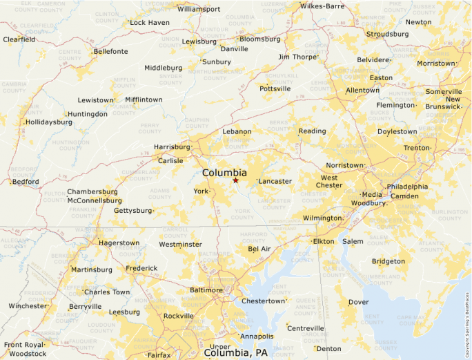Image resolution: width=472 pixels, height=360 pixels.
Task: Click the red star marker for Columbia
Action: (x=235, y=180)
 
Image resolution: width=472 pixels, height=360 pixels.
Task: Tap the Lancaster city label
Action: (x=275, y=181)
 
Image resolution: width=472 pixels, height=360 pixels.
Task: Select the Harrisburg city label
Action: (x=171, y=147)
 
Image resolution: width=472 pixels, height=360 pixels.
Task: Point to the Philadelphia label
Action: (x=407, y=187)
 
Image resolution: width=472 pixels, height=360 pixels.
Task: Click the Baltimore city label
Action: (x=206, y=290)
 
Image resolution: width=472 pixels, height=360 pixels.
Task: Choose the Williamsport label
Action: (x=199, y=9)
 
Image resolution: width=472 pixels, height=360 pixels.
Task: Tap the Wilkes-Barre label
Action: (x=322, y=6)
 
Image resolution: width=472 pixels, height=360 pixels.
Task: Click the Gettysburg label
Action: (x=132, y=210)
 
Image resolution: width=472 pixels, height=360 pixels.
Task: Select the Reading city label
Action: (x=312, y=131)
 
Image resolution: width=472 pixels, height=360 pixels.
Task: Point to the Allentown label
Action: (x=362, y=91)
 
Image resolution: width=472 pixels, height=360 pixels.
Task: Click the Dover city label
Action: (x=358, y=302)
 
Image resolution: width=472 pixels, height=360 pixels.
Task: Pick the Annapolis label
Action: (x=257, y=337)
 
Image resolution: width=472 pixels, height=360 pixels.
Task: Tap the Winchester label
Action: (x=28, y=305)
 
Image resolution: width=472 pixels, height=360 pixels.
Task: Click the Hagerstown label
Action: (x=119, y=243)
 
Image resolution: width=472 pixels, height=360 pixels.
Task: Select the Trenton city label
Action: (x=417, y=148)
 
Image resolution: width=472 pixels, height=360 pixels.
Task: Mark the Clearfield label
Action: (x=19, y=39)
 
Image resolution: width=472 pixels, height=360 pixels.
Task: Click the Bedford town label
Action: (x=25, y=182)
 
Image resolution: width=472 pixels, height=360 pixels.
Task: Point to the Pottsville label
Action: (x=275, y=88)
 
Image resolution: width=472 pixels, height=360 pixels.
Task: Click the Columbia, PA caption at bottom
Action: (x=235, y=352)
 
